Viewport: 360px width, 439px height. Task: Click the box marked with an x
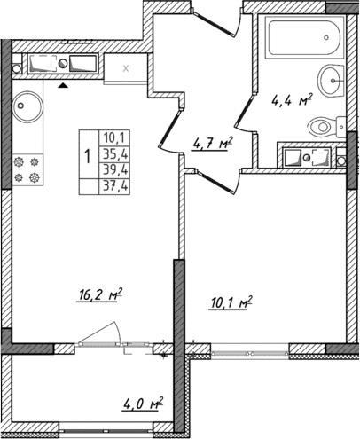(125, 68)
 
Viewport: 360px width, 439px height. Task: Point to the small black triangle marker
(63, 87)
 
